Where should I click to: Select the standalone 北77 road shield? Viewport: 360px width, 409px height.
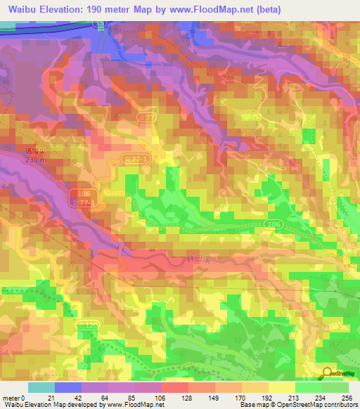[146, 117]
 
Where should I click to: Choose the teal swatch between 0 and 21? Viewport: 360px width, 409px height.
[41, 387]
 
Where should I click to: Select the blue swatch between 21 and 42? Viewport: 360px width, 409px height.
[68, 387]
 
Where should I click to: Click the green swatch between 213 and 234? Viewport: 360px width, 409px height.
[308, 387]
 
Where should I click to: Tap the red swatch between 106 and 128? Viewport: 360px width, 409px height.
[175, 387]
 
